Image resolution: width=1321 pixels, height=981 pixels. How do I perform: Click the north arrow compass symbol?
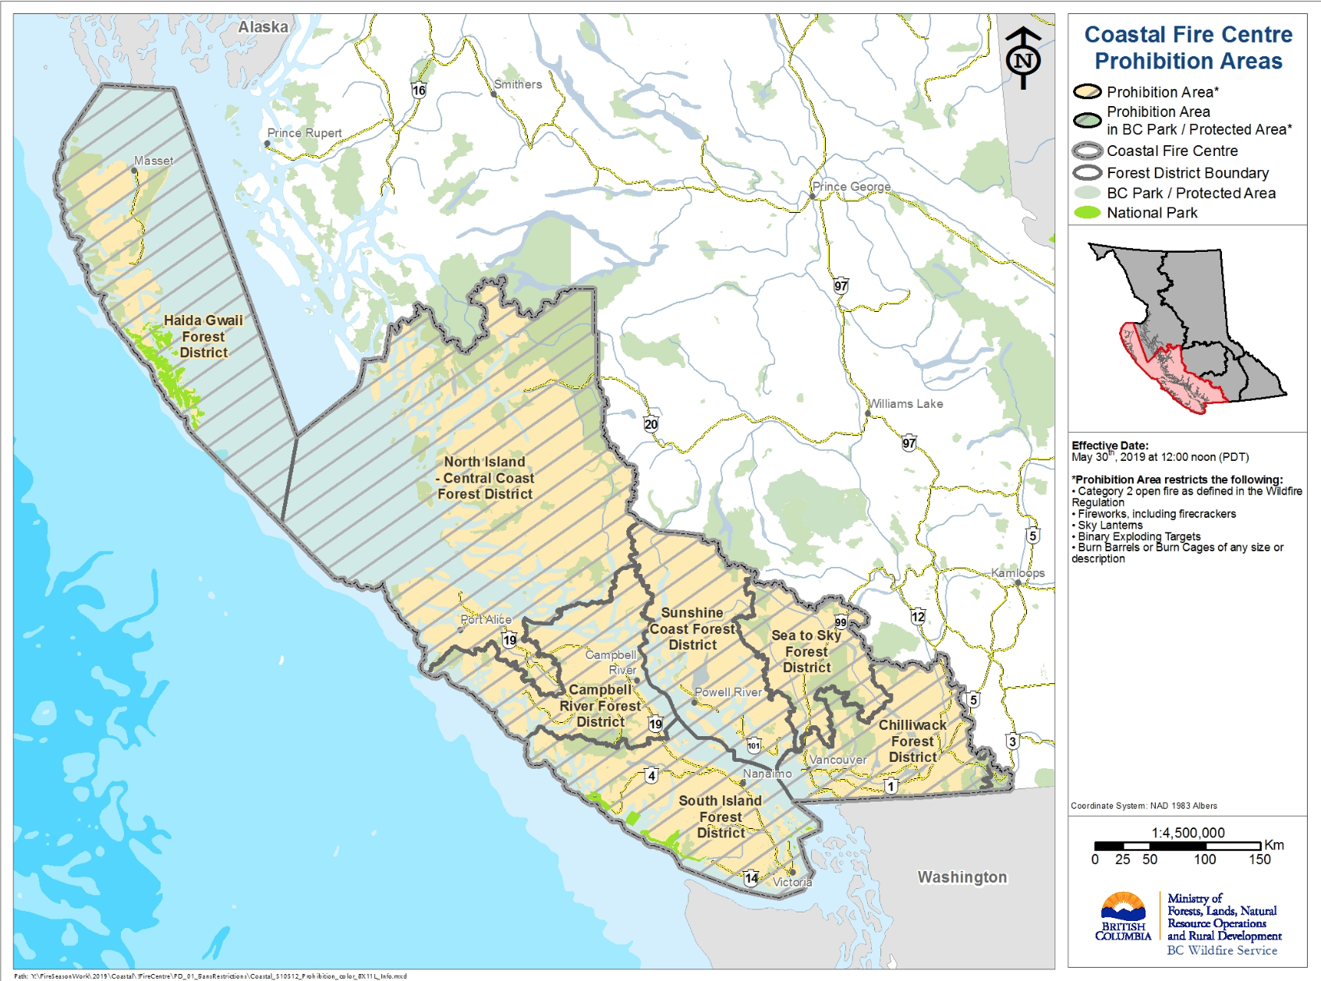pyautogui.click(x=1023, y=58)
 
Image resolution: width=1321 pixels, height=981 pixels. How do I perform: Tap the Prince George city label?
pyautogui.click(x=851, y=186)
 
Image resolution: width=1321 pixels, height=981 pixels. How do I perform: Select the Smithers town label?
pyautogui.click(x=518, y=84)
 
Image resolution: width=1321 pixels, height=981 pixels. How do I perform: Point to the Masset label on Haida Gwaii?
pyautogui.click(x=154, y=161)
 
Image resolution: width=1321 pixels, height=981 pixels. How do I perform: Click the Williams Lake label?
pyautogui.click(x=906, y=404)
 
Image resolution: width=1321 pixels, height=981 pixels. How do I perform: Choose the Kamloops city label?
pyautogui.click(x=1018, y=573)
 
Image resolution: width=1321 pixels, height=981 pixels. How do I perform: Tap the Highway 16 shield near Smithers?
pyautogui.click(x=419, y=90)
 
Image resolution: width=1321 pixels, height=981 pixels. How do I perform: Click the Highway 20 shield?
pyautogui.click(x=651, y=424)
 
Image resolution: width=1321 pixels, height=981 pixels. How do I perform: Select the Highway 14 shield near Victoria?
pyautogui.click(x=751, y=878)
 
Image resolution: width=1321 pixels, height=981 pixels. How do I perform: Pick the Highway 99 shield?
pyautogui.click(x=841, y=622)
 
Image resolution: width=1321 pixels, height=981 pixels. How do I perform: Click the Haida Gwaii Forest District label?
pyautogui.click(x=204, y=336)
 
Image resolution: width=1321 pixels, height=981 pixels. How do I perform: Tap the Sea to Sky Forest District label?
pyautogui.click(x=806, y=651)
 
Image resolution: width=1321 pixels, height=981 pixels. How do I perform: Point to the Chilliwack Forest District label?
pyautogui.click(x=912, y=741)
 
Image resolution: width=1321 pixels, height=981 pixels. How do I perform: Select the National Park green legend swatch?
pyautogui.click(x=1087, y=212)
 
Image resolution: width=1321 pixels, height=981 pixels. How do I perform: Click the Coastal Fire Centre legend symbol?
pyautogui.click(x=1087, y=151)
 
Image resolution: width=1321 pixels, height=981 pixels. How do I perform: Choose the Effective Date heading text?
pyautogui.click(x=1110, y=445)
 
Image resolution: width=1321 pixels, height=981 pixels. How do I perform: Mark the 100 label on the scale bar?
pyautogui.click(x=1205, y=859)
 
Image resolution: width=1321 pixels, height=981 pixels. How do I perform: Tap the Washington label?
pyautogui.click(x=962, y=877)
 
